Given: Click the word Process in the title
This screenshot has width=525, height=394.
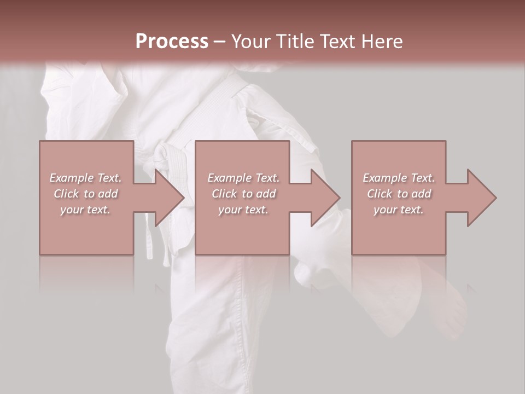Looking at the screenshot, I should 172,41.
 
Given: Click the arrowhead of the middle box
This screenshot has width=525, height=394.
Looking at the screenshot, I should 325,198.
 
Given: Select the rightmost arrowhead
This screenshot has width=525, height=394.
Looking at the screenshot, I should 481,198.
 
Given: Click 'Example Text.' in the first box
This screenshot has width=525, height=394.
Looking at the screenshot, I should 86,178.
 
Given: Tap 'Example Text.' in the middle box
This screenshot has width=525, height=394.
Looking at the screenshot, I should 243,178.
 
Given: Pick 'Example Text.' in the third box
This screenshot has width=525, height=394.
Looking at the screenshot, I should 399,178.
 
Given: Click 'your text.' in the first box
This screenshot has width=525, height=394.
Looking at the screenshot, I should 85,210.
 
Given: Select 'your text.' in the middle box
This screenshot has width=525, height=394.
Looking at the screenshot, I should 243,210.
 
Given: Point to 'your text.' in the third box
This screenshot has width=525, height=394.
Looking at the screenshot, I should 398,210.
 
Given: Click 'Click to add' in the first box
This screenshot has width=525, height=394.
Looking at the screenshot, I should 86,194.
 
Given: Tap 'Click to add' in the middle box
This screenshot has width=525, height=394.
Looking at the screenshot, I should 243,194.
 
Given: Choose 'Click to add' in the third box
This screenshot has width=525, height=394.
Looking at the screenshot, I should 399,194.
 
